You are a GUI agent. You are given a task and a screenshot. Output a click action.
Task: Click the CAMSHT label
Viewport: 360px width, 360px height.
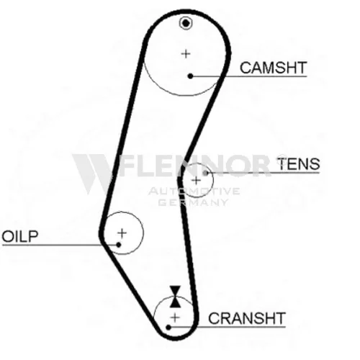coord(274,68)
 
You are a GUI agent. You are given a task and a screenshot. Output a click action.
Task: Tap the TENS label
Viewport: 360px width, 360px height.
coord(299,164)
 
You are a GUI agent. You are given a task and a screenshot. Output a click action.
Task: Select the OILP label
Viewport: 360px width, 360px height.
coord(20,236)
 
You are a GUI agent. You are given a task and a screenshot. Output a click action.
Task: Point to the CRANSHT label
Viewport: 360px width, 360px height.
coord(247,318)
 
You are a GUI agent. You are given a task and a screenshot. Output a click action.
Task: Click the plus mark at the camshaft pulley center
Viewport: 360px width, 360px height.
coord(186,54)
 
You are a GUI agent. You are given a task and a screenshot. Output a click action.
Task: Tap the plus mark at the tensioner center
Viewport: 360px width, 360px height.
coord(197,181)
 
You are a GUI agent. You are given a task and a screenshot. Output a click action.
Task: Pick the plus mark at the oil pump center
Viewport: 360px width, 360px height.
coord(122,233)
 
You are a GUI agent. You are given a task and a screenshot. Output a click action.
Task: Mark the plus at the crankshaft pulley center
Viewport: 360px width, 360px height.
coord(175,318)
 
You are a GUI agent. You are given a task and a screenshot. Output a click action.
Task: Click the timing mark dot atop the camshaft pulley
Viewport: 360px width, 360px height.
coord(186,23)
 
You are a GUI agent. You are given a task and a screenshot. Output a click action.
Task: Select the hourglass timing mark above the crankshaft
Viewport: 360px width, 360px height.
coord(175,297)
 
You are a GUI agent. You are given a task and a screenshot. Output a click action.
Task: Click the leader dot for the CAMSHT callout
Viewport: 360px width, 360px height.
coord(190,76)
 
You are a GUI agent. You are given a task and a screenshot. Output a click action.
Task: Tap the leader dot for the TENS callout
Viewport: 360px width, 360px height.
coord(205,173)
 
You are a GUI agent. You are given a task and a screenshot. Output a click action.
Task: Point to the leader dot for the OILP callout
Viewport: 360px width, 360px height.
coord(119,245)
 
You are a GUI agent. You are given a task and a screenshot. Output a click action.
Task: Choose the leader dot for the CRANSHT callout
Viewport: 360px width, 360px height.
coord(168,327)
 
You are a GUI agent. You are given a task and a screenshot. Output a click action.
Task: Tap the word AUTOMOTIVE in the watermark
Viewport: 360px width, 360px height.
coord(194,192)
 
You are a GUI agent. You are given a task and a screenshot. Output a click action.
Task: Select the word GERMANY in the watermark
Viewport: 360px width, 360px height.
coord(193,202)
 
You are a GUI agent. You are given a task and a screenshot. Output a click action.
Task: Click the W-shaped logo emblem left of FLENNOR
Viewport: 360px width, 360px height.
coord(92,174)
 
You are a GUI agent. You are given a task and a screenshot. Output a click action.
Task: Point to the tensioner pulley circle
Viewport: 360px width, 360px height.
coord(213,180)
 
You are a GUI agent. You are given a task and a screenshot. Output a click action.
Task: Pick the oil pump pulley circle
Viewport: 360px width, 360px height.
coord(143,233)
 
